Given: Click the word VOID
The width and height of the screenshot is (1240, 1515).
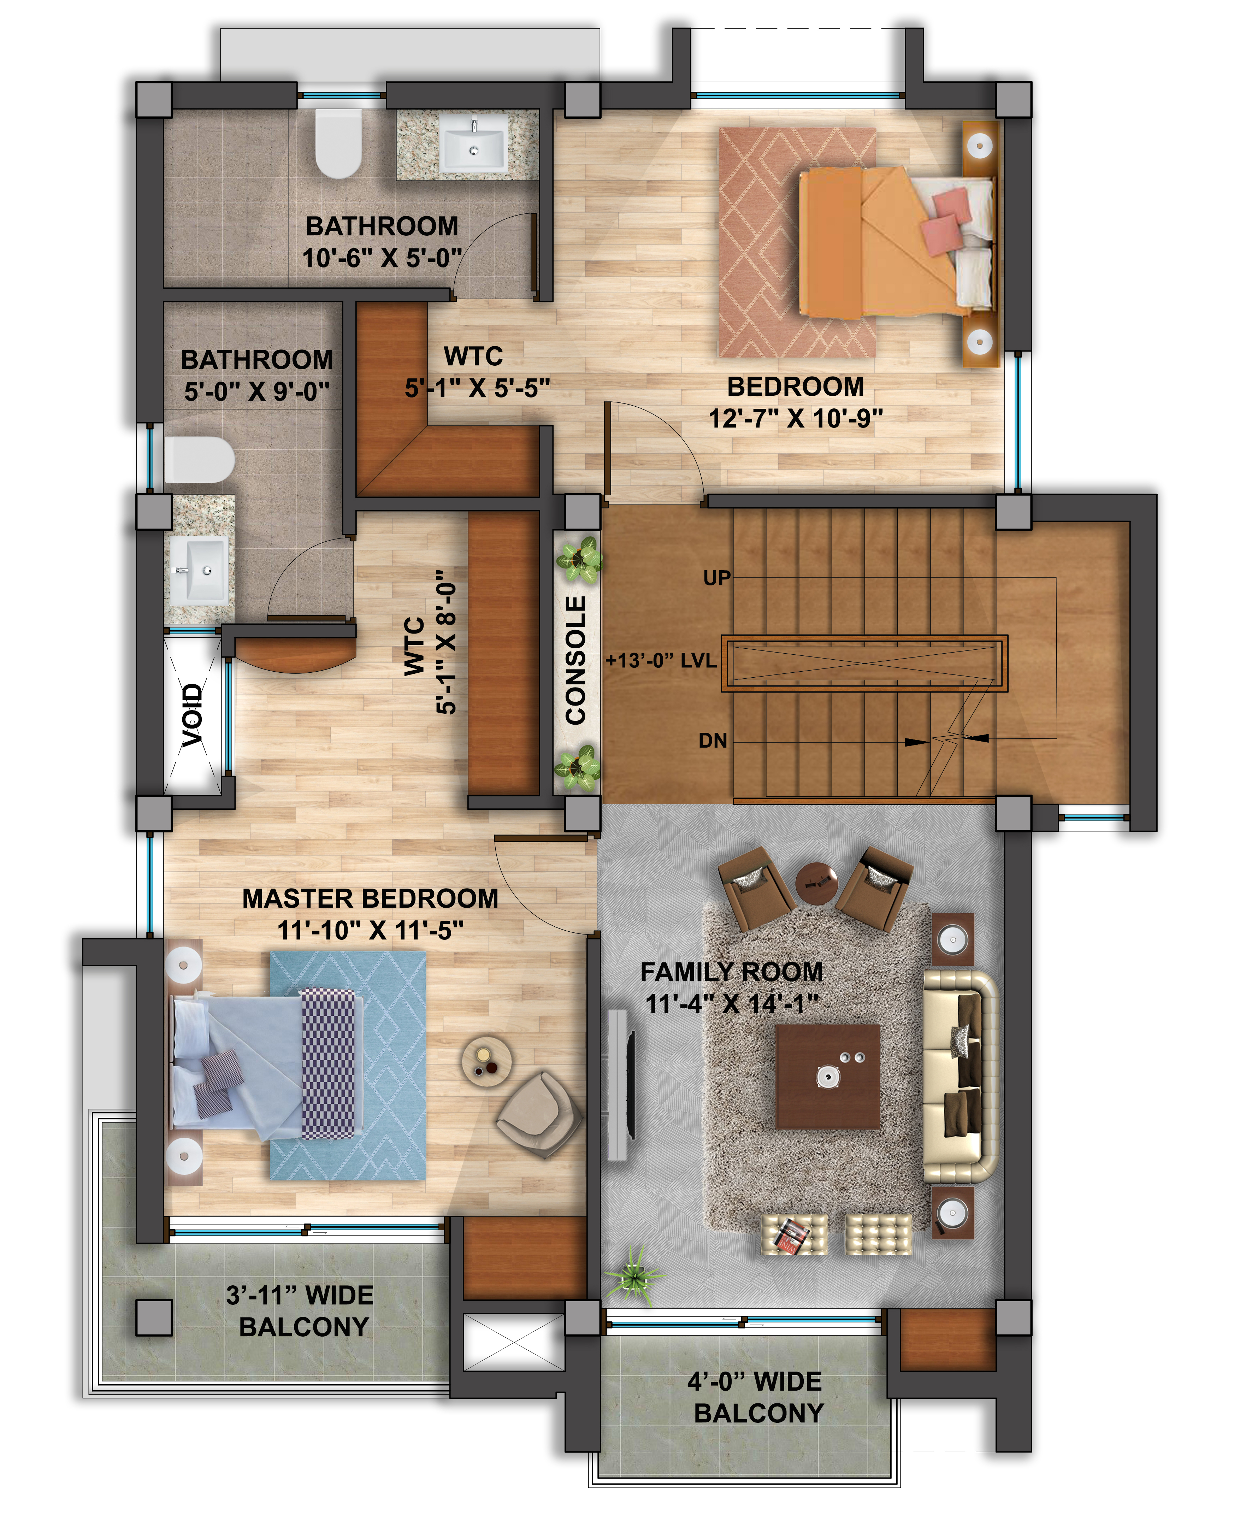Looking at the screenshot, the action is click(x=192, y=715).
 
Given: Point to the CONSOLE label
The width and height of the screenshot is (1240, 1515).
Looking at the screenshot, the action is click(x=576, y=661).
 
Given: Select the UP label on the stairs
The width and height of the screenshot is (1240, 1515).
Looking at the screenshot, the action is click(x=717, y=578).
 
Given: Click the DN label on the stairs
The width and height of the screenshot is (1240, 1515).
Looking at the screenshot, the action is click(x=713, y=741).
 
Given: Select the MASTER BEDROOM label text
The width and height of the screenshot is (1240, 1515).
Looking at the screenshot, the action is click(x=370, y=898).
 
